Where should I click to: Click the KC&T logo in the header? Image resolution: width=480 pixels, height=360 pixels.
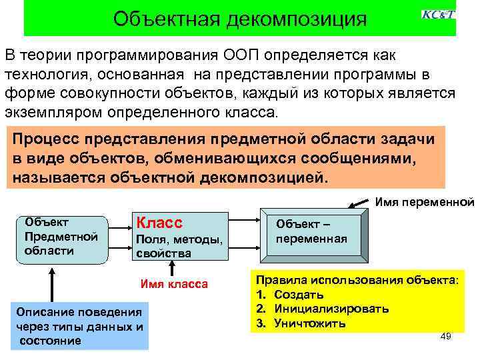(x=438, y=14)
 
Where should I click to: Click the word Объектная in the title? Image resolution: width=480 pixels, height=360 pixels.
(x=167, y=18)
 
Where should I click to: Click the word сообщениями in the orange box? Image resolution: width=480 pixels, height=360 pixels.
(x=363, y=158)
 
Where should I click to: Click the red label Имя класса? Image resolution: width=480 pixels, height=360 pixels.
(x=174, y=285)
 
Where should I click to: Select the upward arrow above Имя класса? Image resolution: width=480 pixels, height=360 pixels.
(x=172, y=268)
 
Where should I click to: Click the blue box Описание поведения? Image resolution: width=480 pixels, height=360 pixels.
(x=81, y=326)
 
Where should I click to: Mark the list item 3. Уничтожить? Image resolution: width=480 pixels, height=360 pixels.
(x=301, y=323)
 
